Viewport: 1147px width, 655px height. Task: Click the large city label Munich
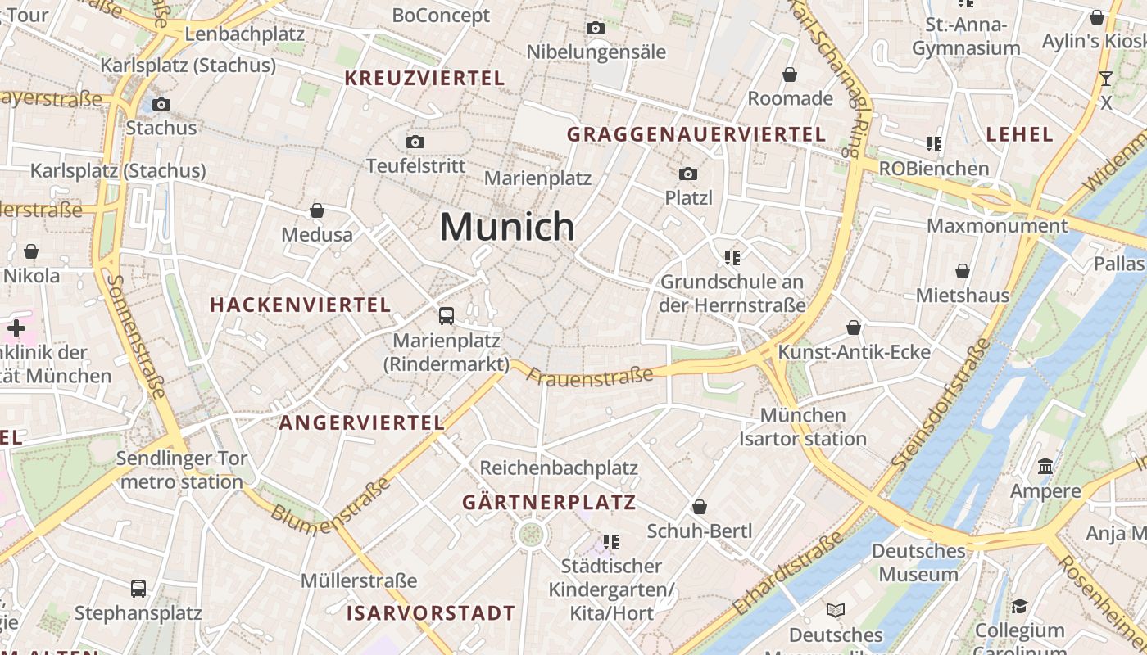[x=507, y=226]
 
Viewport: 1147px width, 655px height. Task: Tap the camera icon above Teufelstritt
[x=415, y=142]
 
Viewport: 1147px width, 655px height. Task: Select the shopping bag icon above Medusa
[x=317, y=211]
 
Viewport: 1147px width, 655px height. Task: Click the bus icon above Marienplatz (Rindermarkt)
[x=447, y=315]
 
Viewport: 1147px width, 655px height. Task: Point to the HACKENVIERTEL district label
[x=300, y=305]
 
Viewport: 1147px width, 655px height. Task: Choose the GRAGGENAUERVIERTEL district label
[x=696, y=134]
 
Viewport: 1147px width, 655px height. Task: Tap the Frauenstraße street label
[x=590, y=377]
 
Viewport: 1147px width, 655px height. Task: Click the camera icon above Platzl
[x=688, y=174]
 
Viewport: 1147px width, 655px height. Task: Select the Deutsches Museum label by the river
[x=918, y=562]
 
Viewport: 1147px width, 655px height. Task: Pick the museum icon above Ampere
[x=1045, y=467]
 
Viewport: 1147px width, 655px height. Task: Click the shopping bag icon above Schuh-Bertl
[x=700, y=508]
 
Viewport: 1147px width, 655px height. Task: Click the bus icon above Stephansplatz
[x=138, y=588]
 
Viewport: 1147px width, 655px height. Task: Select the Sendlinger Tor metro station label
[x=182, y=470]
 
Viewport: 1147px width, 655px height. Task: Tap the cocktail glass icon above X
[x=1106, y=79]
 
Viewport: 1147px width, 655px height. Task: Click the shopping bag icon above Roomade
[x=790, y=75]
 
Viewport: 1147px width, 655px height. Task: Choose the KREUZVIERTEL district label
[x=424, y=79]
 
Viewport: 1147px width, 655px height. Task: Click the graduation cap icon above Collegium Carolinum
[x=1019, y=607]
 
